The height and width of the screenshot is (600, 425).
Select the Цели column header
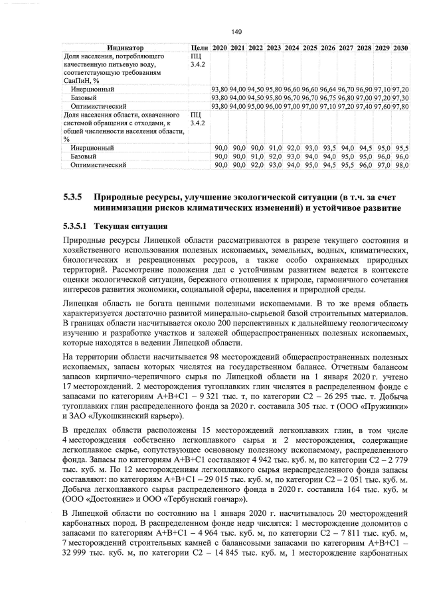point(199,48)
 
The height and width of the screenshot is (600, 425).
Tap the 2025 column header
point(309,48)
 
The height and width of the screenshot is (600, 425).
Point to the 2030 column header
point(400,48)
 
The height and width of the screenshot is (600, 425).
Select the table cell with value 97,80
point(400,106)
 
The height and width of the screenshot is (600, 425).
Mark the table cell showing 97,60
point(382,106)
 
